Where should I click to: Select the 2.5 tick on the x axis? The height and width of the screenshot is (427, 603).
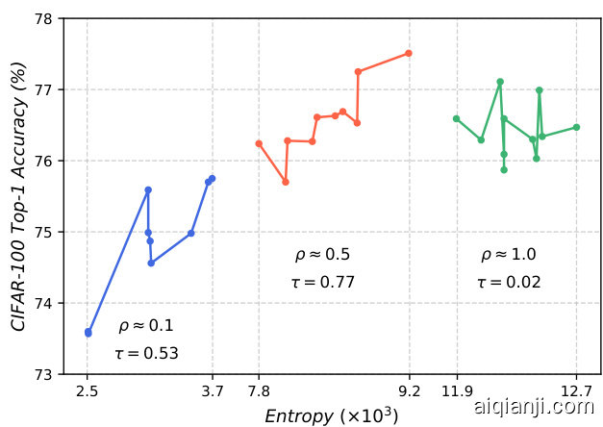point(88,390)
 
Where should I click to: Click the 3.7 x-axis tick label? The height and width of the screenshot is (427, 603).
point(213,390)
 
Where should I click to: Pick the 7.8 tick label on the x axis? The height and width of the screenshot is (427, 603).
point(259,390)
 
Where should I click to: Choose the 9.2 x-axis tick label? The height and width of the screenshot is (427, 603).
point(410,390)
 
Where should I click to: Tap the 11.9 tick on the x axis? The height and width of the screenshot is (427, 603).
point(457,390)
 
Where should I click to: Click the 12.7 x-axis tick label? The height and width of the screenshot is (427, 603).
point(576,390)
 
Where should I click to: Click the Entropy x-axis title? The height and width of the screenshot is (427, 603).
point(332,415)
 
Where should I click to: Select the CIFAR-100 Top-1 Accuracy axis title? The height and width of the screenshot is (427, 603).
point(19,196)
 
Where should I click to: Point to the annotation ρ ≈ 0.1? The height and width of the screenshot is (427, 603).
point(146,326)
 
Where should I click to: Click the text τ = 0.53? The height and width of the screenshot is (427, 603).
point(146,353)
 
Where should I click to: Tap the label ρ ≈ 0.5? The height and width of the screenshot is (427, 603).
point(322,255)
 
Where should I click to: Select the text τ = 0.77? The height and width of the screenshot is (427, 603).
point(322,282)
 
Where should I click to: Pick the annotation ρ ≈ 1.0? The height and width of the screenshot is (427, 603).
point(509,255)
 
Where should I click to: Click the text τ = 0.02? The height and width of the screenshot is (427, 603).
point(509,282)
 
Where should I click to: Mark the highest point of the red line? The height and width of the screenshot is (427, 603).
point(409,53)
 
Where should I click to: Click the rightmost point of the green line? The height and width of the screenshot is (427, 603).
point(576,127)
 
